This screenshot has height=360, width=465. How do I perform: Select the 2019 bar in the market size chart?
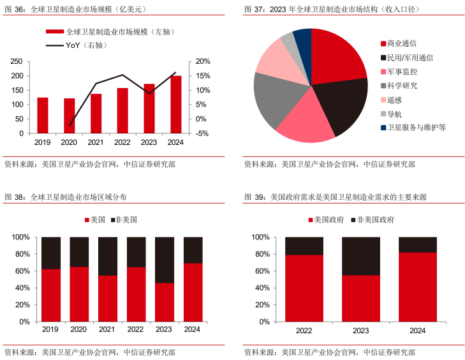(x=43, y=116)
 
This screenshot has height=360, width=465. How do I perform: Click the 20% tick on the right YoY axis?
(x=202, y=61)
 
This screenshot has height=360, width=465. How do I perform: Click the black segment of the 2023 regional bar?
(x=165, y=260)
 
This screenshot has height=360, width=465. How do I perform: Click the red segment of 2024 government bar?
(x=418, y=287)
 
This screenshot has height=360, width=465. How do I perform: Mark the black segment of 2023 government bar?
(x=361, y=256)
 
